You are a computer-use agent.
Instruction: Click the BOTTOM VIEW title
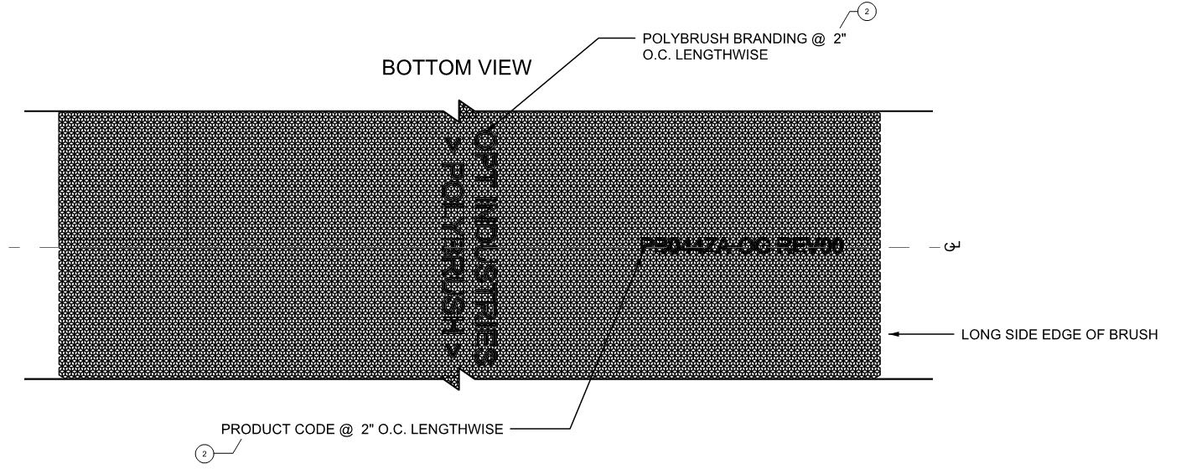[456, 69]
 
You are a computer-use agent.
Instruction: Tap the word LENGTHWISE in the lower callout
[462, 430]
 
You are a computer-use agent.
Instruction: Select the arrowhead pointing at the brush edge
[895, 335]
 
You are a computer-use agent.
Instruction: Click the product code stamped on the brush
[740, 246]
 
